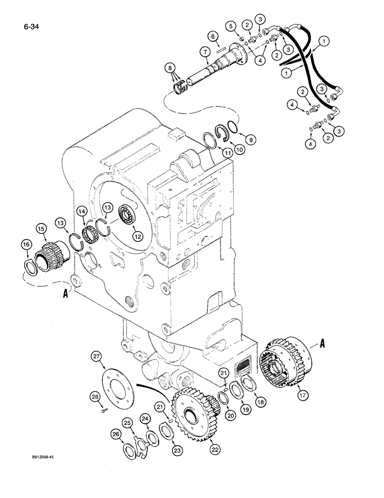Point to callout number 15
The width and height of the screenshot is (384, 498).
(x=42, y=229)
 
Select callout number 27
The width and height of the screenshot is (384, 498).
(x=96, y=356)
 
